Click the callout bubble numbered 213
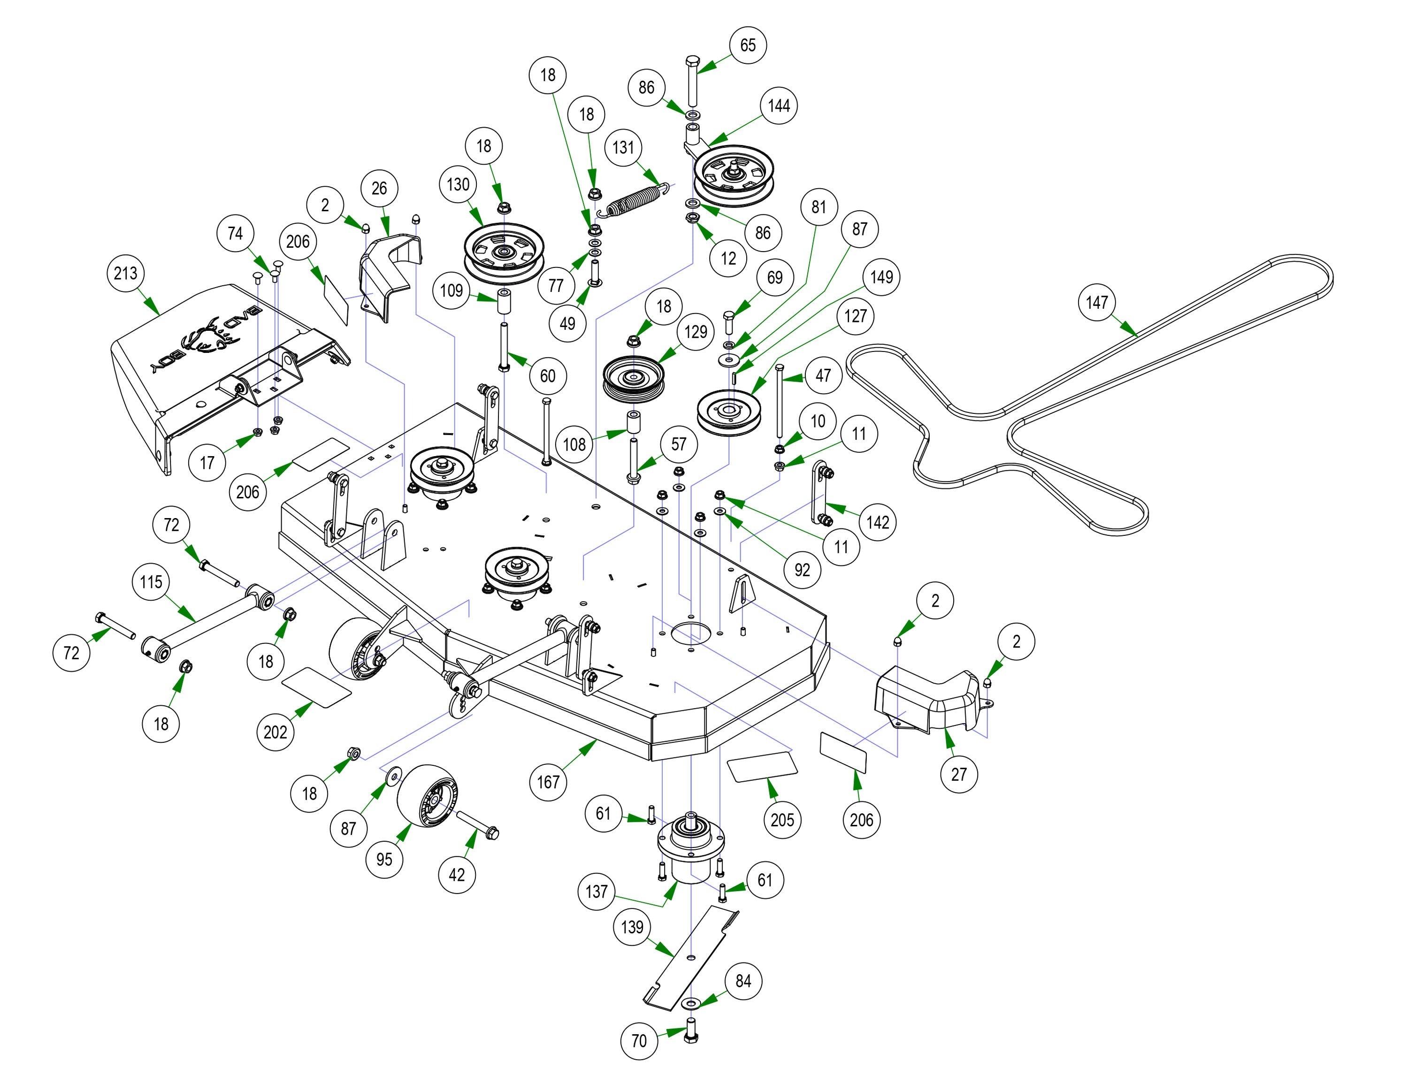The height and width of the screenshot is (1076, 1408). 126,274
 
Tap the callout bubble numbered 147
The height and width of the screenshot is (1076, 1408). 1097,302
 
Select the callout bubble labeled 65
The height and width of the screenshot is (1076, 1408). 748,46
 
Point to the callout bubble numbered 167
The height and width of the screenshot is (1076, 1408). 548,782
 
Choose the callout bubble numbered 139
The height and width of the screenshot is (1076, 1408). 632,927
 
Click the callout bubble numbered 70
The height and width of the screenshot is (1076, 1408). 639,1041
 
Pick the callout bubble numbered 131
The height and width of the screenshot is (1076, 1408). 623,148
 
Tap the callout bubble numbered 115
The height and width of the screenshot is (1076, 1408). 151,582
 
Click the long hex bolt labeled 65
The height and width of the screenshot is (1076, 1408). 692,83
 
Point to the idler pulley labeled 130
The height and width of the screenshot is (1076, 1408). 504,253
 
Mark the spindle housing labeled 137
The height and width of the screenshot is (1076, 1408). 690,852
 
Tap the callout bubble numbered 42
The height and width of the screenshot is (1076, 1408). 457,874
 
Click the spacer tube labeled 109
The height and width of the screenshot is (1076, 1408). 504,302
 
